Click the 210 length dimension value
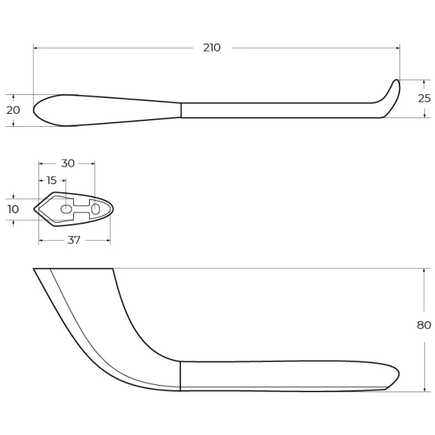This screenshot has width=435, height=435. click(212, 48)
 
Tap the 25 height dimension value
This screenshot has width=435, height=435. click(424, 98)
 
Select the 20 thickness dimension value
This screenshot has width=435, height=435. click(13, 110)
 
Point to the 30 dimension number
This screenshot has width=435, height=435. click(67, 163)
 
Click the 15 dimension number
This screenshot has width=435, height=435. click(51, 181)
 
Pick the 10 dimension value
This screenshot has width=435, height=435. click(13, 210)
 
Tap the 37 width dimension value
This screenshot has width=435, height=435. click(74, 240)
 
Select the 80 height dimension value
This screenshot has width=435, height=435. click(424, 325)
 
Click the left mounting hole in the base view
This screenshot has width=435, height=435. click(66, 210)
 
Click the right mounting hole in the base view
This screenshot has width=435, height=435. click(96, 209)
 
